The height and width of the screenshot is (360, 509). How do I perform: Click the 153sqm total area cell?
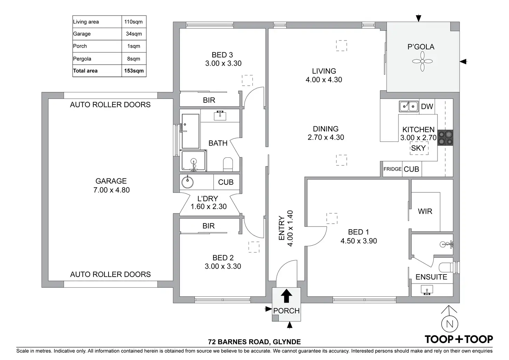(x=134, y=71)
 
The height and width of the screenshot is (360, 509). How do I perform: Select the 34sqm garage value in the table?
(x=134, y=34)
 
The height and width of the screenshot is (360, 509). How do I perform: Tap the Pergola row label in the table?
(x=82, y=59)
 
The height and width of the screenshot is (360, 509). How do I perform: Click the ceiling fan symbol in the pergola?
(x=422, y=61)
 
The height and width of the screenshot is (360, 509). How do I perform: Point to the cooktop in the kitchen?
(x=445, y=138)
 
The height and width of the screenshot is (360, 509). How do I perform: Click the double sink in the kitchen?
(x=409, y=107)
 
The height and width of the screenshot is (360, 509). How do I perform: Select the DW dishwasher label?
(x=427, y=107)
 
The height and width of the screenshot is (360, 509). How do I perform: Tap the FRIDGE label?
(x=392, y=169)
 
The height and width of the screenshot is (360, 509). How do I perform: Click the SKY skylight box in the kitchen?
(x=419, y=148)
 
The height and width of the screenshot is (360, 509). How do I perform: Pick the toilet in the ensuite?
(x=446, y=268)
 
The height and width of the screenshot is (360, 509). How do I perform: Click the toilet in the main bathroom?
(x=228, y=164)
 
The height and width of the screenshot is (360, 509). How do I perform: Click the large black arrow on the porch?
(x=286, y=296)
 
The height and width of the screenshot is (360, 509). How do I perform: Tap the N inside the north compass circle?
(x=450, y=324)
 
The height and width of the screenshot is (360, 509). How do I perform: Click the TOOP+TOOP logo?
(x=459, y=340)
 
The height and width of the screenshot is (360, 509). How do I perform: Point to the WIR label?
(x=425, y=211)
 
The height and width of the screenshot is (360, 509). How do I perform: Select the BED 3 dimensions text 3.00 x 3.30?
(x=223, y=63)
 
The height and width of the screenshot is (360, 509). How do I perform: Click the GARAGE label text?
(x=111, y=181)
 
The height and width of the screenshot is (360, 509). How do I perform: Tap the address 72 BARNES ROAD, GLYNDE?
(x=254, y=342)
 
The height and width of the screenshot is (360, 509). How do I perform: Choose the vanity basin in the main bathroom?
(x=220, y=116)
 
